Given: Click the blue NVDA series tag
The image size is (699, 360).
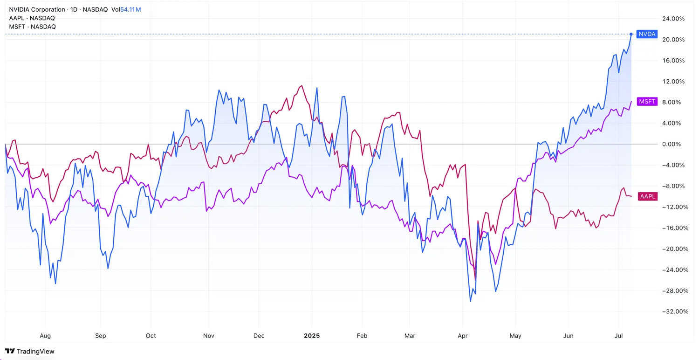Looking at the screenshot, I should [x=647, y=34].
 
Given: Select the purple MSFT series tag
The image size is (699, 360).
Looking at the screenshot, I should [x=647, y=102].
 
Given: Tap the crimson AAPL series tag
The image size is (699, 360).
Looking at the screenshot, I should [x=648, y=196].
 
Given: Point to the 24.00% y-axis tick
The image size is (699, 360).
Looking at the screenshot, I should [x=673, y=19].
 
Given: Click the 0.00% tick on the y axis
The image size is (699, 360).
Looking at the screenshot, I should [x=674, y=144].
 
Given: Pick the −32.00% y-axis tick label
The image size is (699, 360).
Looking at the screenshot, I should [x=673, y=312].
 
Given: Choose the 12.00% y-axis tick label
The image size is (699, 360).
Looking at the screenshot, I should [x=673, y=82].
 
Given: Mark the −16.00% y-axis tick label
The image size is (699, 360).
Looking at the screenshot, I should [x=673, y=228].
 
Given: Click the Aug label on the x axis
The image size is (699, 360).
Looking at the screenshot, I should [x=45, y=336].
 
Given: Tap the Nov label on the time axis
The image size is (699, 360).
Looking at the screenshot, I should [x=209, y=336].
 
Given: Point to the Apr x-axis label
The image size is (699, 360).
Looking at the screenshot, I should [x=462, y=336].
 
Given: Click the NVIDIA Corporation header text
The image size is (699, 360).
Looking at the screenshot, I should [x=37, y=10].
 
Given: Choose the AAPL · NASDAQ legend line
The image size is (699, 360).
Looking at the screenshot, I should [x=32, y=18].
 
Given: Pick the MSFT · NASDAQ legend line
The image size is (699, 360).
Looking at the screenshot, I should [x=32, y=27].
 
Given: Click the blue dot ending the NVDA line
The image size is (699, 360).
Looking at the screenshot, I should [x=631, y=34].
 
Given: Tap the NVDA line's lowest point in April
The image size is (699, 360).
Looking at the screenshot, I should [x=470, y=301].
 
